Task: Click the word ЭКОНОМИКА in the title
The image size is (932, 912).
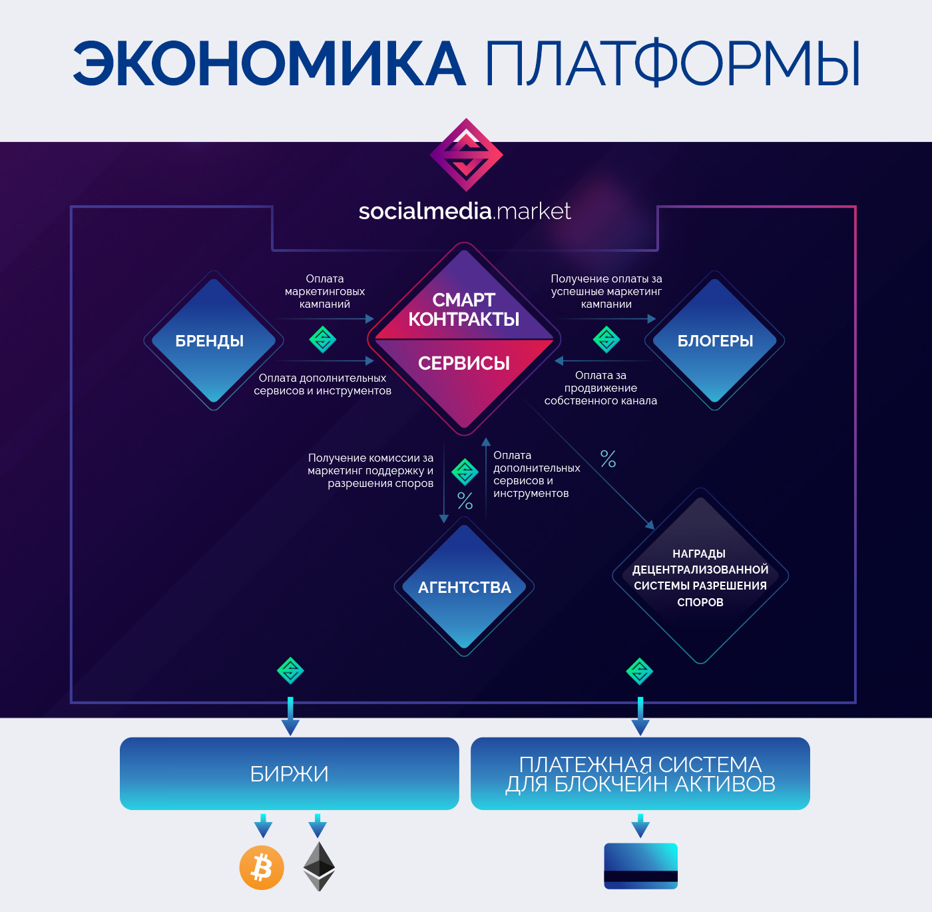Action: point(269,64)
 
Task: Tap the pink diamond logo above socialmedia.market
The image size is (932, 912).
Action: point(466,155)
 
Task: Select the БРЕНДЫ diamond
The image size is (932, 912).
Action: point(214,340)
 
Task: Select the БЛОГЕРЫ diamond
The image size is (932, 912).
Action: point(714,340)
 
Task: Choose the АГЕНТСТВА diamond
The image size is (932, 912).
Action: point(464,587)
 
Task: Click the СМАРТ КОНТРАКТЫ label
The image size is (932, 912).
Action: point(463,310)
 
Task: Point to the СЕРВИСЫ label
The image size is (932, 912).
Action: point(463,363)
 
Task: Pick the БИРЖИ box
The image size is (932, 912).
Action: point(290,774)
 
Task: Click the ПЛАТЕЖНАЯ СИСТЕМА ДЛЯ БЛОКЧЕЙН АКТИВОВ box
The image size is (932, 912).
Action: point(640,774)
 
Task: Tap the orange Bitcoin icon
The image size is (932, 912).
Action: point(262,868)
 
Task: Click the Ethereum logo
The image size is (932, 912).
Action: point(319,867)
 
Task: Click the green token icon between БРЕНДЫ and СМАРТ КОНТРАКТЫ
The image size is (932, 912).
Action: point(323,340)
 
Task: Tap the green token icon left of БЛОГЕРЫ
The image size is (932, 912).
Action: point(606,340)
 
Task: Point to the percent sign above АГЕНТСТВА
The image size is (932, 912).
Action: point(465,501)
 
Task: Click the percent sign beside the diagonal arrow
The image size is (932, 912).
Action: point(608,458)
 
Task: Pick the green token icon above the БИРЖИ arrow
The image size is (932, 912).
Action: point(290,671)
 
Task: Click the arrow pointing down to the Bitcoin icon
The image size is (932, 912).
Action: point(263,825)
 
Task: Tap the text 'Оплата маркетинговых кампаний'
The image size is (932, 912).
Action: point(325,291)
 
